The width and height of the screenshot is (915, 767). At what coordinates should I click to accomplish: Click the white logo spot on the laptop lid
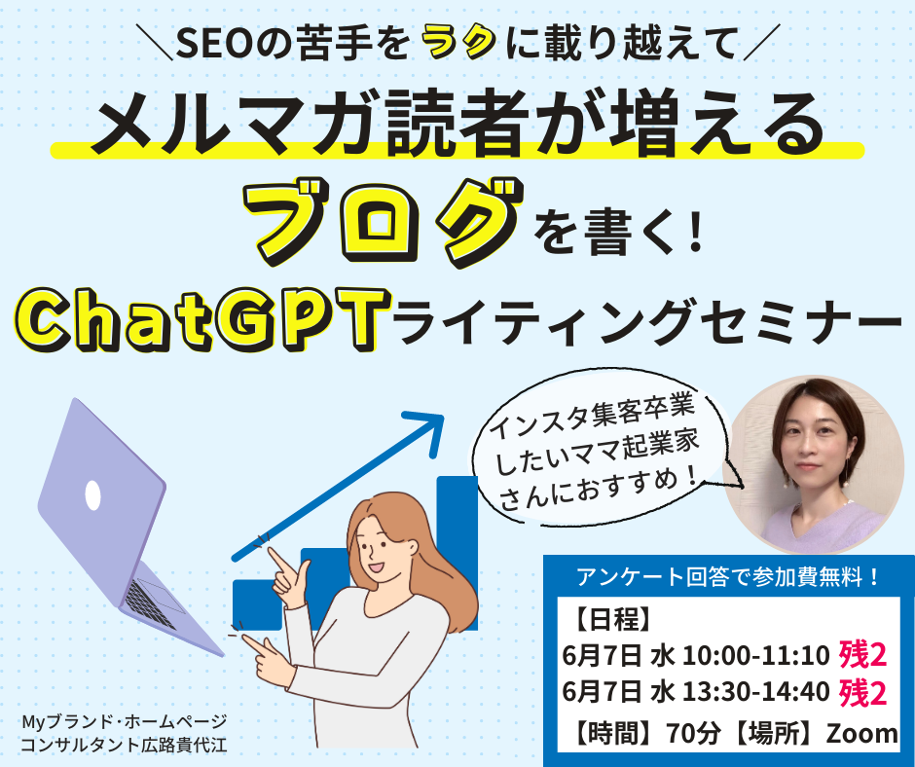[x=93, y=495]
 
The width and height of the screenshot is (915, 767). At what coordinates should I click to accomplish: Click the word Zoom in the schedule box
[x=861, y=734]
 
